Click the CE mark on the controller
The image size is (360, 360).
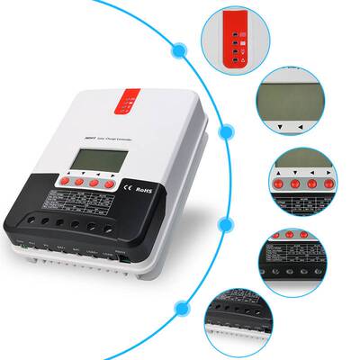click(128, 189)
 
